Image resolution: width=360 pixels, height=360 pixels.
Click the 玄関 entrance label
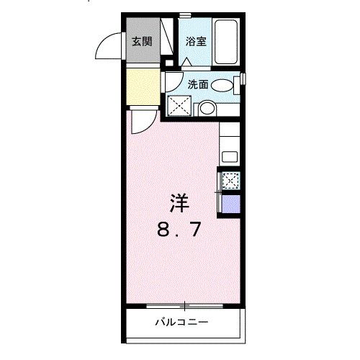coord(141,41)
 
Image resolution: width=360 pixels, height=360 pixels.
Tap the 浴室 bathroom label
coord(196,41)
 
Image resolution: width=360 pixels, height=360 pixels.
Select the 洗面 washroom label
coord(198,84)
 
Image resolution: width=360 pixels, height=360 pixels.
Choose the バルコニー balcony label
coord(181,322)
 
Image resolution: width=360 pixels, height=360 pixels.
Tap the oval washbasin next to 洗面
coord(223,85)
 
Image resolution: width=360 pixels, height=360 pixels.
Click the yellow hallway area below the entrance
coord(141,85)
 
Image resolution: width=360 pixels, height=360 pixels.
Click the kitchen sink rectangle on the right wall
coord(231,156)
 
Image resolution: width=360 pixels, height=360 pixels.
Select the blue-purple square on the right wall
coord(231,203)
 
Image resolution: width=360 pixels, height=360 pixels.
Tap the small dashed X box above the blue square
coord(231,181)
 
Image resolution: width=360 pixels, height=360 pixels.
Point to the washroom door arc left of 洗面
coord(171,78)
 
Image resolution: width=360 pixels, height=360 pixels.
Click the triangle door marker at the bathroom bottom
coord(186,63)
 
